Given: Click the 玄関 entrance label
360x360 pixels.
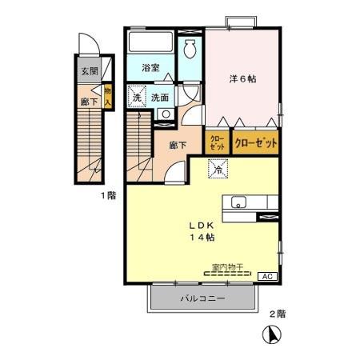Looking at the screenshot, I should (x=90, y=71).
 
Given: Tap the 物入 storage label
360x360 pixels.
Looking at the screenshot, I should (x=108, y=95).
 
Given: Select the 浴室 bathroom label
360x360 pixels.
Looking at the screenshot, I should (x=150, y=68).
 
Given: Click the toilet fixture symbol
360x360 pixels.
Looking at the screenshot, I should (x=191, y=49).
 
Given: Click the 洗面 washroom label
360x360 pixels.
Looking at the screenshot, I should (x=160, y=98).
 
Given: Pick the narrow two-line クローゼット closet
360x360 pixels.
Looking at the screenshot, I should (x=218, y=143).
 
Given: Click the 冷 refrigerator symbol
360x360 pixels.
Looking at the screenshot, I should (x=218, y=169).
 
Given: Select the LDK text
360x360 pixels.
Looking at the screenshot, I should (x=200, y=225).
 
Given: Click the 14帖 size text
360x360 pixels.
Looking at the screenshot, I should (x=200, y=238).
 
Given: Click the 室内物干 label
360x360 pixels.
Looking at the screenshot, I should (x=226, y=266).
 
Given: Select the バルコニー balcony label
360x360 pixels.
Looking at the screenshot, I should (x=202, y=299).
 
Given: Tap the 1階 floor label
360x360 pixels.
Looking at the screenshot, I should (x=108, y=195).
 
